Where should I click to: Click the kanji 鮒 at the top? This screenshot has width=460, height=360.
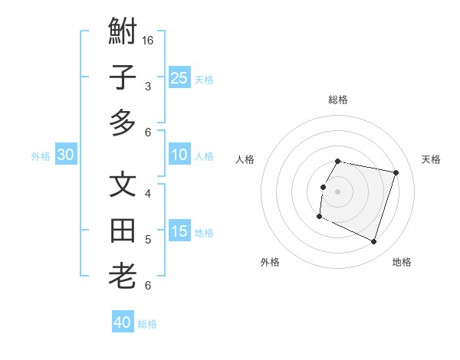pyautogui.click(x=123, y=33)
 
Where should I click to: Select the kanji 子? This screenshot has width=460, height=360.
pyautogui.click(x=123, y=77)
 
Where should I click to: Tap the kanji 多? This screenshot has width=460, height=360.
pyautogui.click(x=123, y=123)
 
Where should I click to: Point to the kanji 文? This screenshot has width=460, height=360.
pyautogui.click(x=123, y=186)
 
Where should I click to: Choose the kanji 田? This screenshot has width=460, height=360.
pyautogui.click(x=123, y=231)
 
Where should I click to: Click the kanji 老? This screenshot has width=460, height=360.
pyautogui.click(x=123, y=276)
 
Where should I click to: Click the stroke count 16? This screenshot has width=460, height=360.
pyautogui.click(x=149, y=41)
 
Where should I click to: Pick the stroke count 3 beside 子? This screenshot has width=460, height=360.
pyautogui.click(x=148, y=87)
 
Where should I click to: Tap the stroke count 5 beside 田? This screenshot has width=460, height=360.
pyautogui.click(x=148, y=240)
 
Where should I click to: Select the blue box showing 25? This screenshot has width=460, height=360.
pyautogui.click(x=179, y=77)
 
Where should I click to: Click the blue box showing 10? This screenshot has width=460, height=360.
pyautogui.click(x=179, y=155)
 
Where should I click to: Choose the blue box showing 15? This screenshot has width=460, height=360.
pyautogui.click(x=179, y=231)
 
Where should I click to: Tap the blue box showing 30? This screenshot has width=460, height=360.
pyautogui.click(x=66, y=155)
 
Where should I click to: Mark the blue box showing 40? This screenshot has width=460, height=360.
pyautogui.click(x=123, y=322)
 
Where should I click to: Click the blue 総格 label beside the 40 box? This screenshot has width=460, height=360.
pyautogui.click(x=148, y=324)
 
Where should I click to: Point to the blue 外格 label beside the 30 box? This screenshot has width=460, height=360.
pyautogui.click(x=41, y=156)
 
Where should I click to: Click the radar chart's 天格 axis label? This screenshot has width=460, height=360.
pyautogui.click(x=431, y=159)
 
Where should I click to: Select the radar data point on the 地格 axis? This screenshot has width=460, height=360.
pyautogui.click(x=374, y=242)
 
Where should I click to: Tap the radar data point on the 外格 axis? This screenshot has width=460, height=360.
pyautogui.click(x=319, y=217)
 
